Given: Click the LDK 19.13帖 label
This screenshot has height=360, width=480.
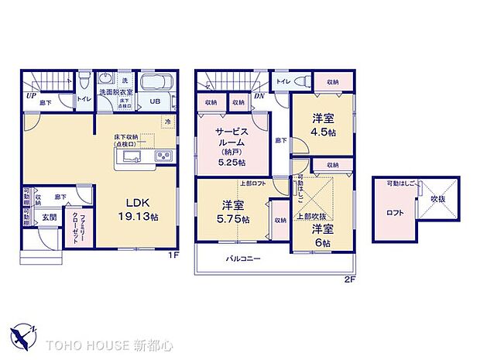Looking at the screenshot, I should pyautogui.click(x=133, y=211).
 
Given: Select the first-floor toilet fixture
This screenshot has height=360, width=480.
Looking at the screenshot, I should pyautogui.click(x=84, y=81).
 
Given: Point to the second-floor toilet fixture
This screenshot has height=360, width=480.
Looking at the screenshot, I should pyautogui.click(x=307, y=81).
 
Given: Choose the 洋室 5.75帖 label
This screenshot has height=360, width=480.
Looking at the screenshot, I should pyautogui.click(x=233, y=211).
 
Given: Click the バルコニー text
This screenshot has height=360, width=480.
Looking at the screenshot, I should pyautogui.click(x=243, y=259).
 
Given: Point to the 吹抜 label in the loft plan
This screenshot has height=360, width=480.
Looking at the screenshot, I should pyautogui.click(x=437, y=200).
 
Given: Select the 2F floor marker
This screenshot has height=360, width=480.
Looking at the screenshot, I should pyautogui.click(x=349, y=279).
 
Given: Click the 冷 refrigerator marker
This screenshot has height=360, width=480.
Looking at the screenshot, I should pyautogui.click(x=166, y=122).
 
